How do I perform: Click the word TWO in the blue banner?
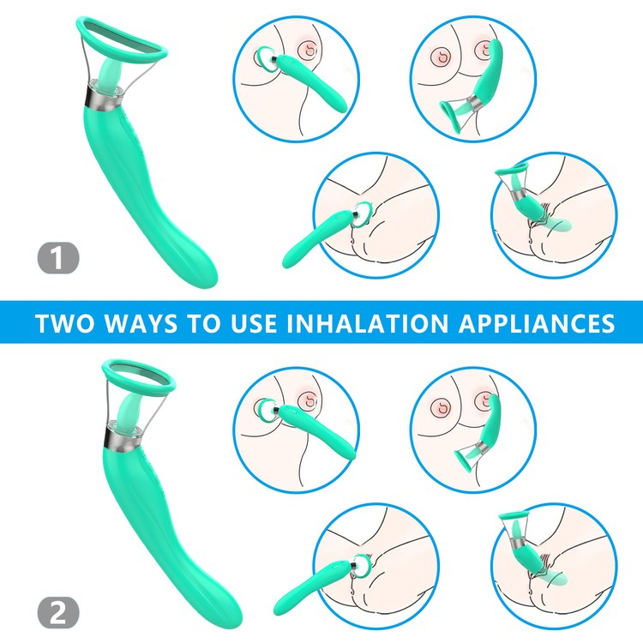click(65, 322)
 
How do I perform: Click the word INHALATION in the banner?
click(367, 322)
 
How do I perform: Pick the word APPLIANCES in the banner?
click(537, 322)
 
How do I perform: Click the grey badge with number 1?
click(57, 258)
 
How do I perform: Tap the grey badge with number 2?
click(57, 613)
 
